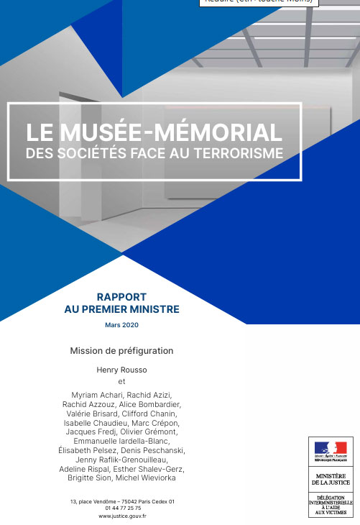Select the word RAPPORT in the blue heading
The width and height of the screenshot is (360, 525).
click(121, 296)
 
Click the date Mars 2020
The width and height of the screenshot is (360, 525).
click(121, 325)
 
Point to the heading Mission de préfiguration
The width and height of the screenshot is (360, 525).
click(121, 351)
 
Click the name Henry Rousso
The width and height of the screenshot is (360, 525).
click(121, 370)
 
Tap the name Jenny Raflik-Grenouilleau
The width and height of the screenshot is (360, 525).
click(121, 460)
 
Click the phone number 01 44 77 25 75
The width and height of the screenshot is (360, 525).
click(122, 508)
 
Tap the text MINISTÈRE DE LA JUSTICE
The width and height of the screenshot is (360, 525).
click(331, 479)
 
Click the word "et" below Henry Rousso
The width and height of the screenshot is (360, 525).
click(121, 382)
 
